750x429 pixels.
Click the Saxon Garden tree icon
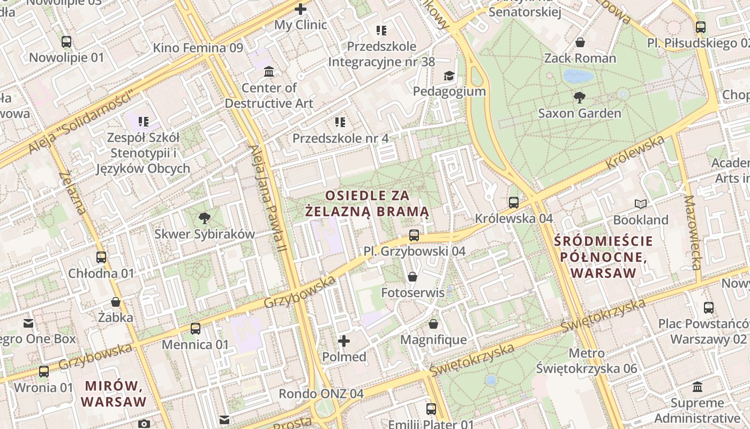coord(579,97)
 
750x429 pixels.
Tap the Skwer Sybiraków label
coord(205,234)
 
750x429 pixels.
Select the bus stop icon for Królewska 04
coord(514,202)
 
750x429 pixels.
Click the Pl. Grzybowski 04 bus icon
coord(414,235)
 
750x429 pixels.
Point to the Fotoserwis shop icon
coord(412,277)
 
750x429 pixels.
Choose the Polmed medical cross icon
coord(344,341)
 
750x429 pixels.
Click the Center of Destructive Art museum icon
coord(269,71)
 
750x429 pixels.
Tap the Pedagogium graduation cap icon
coord(449,76)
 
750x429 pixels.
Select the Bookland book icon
coord(641,204)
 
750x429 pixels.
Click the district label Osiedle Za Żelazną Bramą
coord(367,203)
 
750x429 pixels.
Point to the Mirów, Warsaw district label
coord(114,393)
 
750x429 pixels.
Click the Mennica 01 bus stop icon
coord(196,328)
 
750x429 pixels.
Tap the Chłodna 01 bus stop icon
coord(101,257)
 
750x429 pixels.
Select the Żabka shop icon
coord(116,301)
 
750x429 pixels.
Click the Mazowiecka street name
coord(693,232)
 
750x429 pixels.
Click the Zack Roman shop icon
coord(580,42)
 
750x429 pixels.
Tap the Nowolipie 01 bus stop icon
coord(66,41)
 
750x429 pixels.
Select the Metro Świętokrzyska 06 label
coord(587,361)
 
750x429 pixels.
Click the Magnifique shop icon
coord(433,324)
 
